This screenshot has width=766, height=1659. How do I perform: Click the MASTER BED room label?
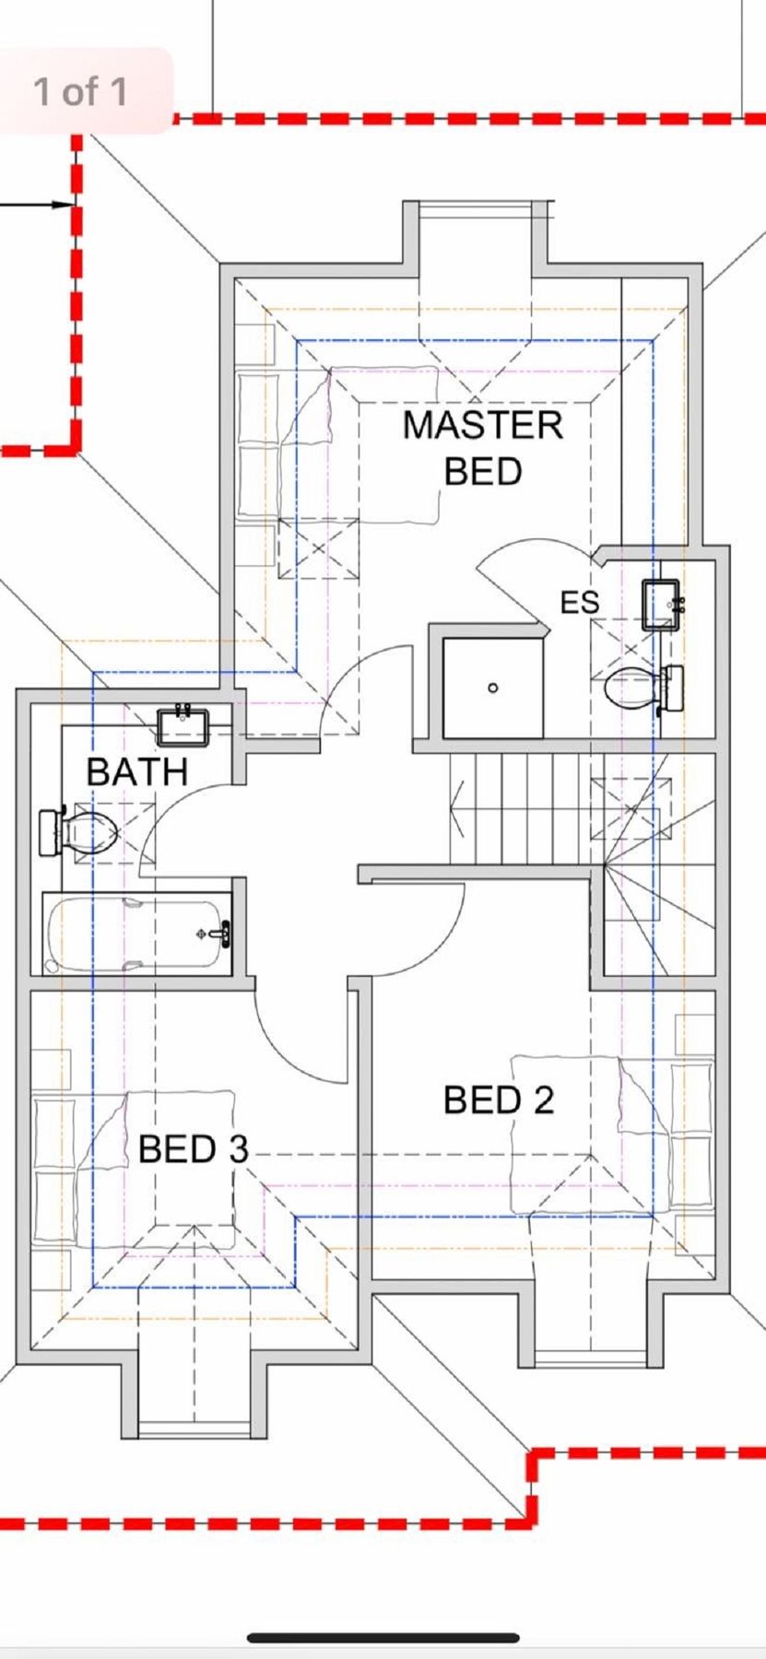(483, 448)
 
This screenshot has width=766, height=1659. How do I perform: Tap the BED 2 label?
(499, 1100)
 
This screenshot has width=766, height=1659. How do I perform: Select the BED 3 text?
(194, 1148)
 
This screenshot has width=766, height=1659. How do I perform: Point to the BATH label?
(137, 771)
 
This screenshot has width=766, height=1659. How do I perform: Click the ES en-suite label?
(580, 603)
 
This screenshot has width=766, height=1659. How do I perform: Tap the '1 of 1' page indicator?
(80, 91)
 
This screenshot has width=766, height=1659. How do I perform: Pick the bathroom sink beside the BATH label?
(184, 724)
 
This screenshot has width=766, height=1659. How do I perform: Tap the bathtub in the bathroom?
(138, 935)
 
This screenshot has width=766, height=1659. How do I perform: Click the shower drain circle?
(493, 688)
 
